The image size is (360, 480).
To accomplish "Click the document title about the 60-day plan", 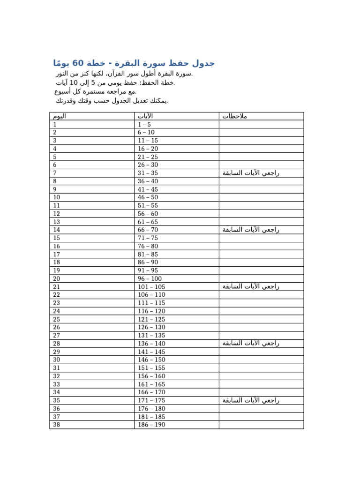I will point(134,63).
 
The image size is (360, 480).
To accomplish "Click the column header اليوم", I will point(60,116).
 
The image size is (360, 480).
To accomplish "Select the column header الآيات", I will point(145,116).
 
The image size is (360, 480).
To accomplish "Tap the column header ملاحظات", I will point(234,116).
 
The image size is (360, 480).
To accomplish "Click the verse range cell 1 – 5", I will point(144,124).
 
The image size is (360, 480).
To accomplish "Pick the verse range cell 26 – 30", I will point(148,165).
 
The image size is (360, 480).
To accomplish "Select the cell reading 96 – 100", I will point(150,278).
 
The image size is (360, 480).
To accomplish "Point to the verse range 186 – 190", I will point(151,425).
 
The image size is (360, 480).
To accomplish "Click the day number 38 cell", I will point(57,425).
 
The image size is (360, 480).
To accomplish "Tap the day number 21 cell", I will point(57,287).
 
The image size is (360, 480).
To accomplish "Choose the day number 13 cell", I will point(57,222).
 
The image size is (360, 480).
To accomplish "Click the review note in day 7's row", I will point(251,173).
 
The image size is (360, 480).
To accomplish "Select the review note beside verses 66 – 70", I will point(251,230).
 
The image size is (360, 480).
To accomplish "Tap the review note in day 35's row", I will point(251,400).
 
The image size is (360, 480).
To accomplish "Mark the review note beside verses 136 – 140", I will point(251,343).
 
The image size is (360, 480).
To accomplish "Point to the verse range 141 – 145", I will point(151,352).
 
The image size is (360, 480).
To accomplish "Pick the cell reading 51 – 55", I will point(148,205).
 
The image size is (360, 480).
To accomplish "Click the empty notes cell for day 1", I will point(261,124).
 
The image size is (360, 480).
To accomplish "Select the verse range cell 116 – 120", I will point(151,311).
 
